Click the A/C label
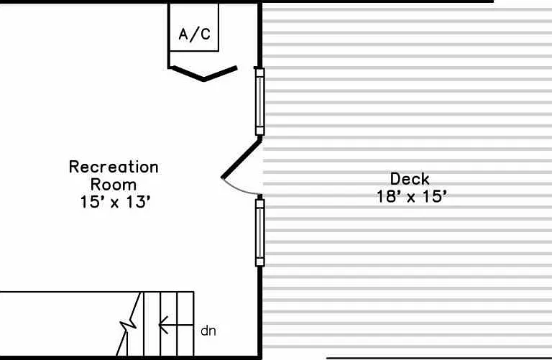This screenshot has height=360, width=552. tap(195, 34)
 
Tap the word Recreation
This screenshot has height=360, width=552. tap(114, 167)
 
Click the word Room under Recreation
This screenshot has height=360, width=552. tap(114, 185)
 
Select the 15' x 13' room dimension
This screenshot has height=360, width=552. tap(116, 202)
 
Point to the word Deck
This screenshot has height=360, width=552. tap(410, 179)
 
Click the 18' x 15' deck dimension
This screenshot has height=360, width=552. tap(412, 196)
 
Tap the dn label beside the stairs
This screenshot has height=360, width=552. tap(208, 331)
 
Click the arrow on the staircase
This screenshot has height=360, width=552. tap(176, 325)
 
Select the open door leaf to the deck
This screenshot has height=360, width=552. tap(241, 158)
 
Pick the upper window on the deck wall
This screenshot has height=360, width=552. tap(259, 101)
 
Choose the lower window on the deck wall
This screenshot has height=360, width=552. tap(259, 233)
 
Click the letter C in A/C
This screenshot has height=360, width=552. tap(206, 34)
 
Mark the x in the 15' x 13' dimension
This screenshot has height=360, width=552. tap(114, 204)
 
